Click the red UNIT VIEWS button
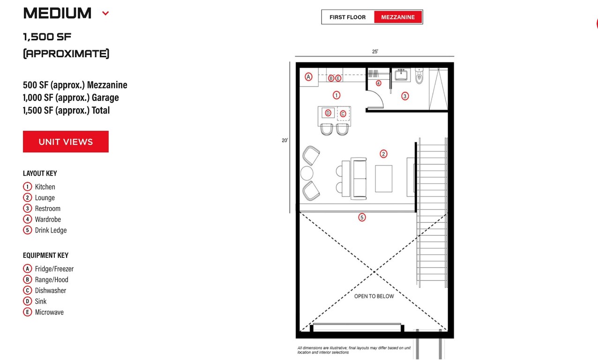(x=66, y=142)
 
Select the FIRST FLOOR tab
(x=347, y=17)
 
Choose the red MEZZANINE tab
(x=397, y=17)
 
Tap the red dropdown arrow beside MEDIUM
(x=105, y=14)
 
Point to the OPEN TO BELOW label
(x=374, y=296)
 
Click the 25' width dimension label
(x=375, y=52)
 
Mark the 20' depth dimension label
(x=284, y=140)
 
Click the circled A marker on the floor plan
(x=308, y=77)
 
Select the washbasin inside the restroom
(x=401, y=75)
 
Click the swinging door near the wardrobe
(x=375, y=98)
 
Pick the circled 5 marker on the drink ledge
(x=362, y=217)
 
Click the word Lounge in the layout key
(x=45, y=198)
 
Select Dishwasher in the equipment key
(x=50, y=291)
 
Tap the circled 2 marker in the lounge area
(x=383, y=154)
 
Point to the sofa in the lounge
(x=360, y=179)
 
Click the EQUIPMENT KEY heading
(x=45, y=255)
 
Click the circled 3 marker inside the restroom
(x=405, y=96)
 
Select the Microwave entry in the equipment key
(x=49, y=312)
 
